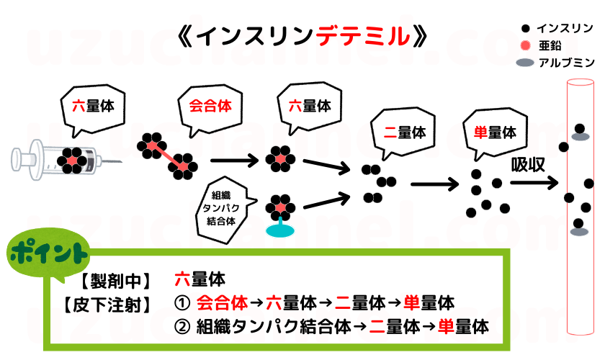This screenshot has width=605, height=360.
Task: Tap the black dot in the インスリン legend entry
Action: click(526, 28)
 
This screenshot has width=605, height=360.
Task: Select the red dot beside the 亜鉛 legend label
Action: click(526, 45)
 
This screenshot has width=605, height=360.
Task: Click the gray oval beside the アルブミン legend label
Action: click(526, 63)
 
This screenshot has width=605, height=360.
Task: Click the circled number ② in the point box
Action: click(181, 327)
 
